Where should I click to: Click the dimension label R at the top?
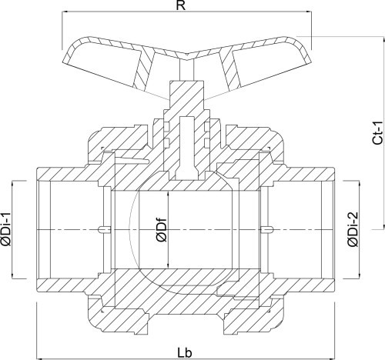point(181,5)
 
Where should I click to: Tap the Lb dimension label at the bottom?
point(185,353)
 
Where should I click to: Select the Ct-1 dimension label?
point(378,133)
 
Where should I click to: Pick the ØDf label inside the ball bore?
point(162,230)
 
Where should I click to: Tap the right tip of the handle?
point(311,62)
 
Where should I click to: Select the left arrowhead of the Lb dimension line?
point(38,358)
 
